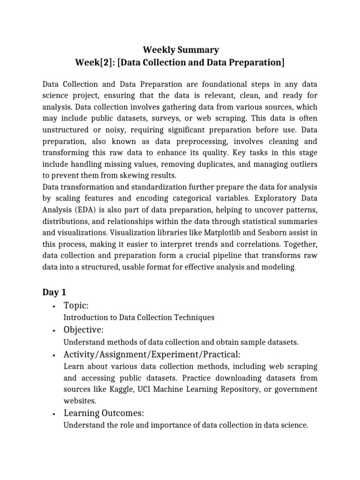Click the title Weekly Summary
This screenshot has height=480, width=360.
pos(180,50)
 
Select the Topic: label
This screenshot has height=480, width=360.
pos(76,306)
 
